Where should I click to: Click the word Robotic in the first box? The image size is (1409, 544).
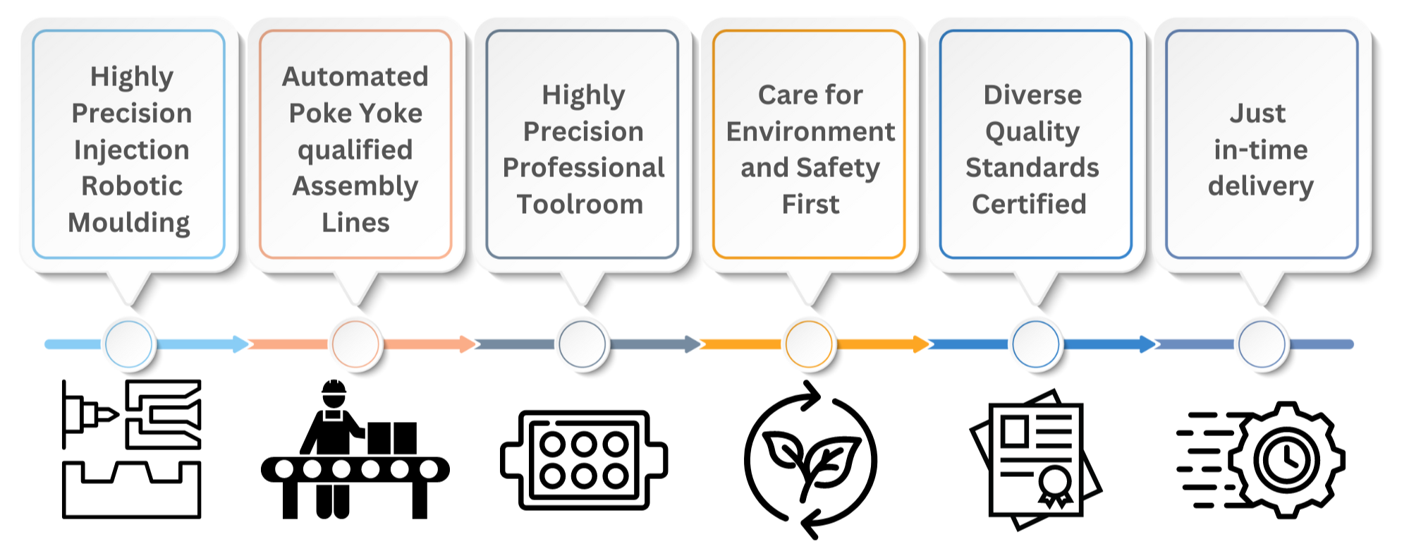[132, 186]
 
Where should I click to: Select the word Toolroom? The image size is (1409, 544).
[580, 204]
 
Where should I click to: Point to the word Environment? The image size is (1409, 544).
[810, 131]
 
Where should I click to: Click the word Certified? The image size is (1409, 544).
[1029, 204]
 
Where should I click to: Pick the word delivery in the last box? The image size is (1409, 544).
[1260, 186]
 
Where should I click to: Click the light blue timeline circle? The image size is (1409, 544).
[128, 344]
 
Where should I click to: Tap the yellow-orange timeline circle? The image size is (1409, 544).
[809, 344]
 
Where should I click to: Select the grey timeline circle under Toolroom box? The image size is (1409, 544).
[582, 344]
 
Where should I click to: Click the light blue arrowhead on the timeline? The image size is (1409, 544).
[240, 344]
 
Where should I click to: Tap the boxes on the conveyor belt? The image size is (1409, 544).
[392, 438]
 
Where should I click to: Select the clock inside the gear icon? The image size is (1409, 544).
[1286, 460]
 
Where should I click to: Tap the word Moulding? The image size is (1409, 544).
[129, 222]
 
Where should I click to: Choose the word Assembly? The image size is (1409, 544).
[355, 186]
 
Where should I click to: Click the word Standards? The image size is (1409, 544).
[1032, 167]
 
